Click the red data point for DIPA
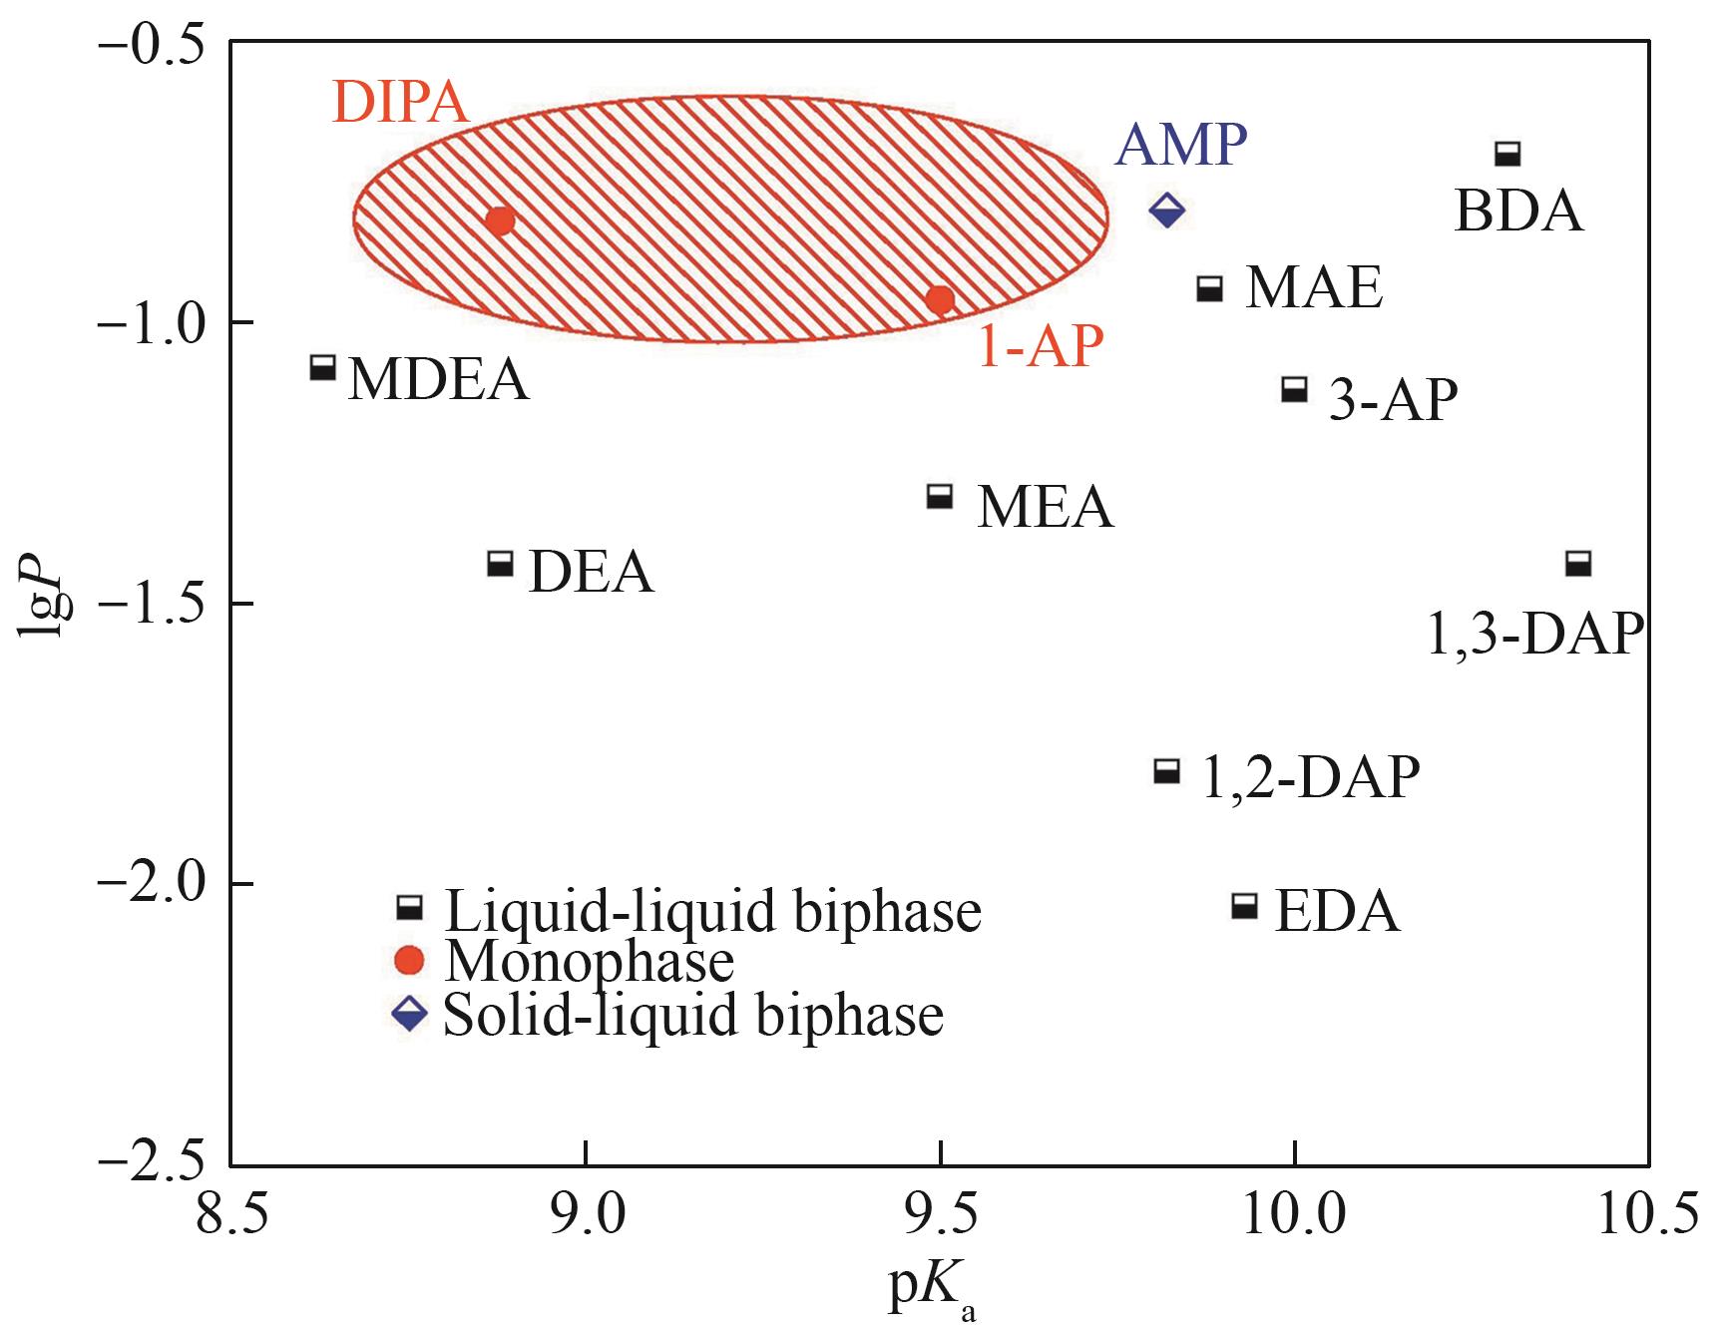(x=500, y=221)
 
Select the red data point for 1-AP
(x=940, y=299)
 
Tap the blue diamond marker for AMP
(x=1166, y=210)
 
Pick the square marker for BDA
(x=1507, y=154)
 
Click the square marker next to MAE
(x=1210, y=288)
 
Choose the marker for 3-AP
(x=1294, y=389)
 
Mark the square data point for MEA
(x=940, y=495)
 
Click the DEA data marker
(x=500, y=563)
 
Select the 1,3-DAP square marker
(x=1577, y=563)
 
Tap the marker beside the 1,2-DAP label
(x=1166, y=770)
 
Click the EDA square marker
(x=1244, y=906)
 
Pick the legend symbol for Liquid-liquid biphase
(x=410, y=907)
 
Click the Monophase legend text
(x=589, y=962)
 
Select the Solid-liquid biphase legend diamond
(x=410, y=1016)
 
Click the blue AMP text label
(x=1181, y=147)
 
